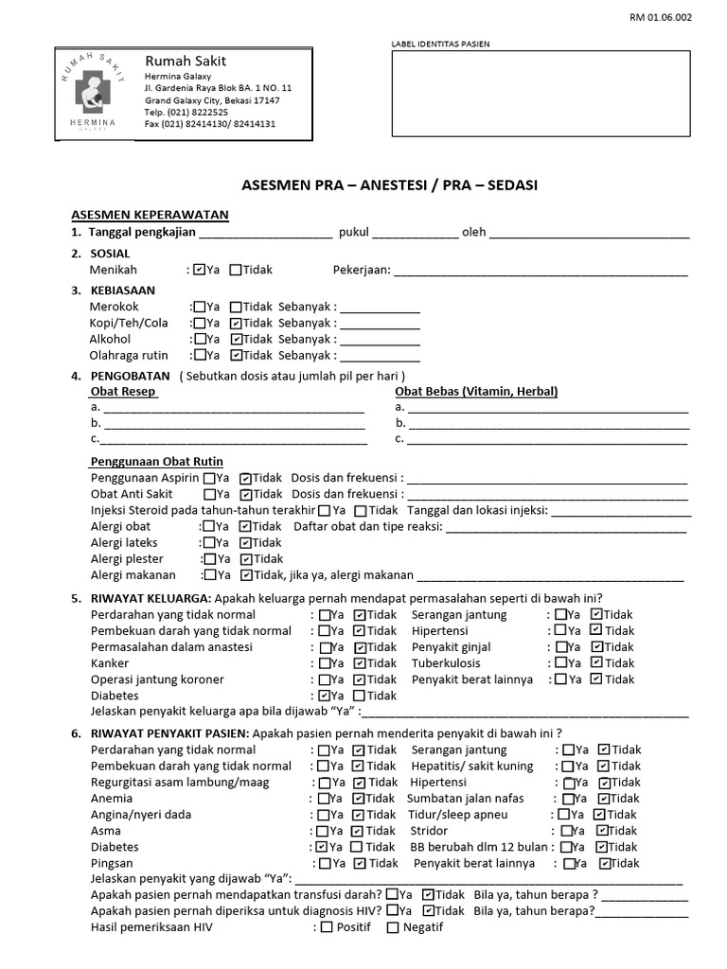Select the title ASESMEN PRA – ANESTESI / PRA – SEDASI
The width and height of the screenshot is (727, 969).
(384, 185)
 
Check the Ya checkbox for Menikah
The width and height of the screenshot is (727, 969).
(200, 270)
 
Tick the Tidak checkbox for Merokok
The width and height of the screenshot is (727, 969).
(236, 307)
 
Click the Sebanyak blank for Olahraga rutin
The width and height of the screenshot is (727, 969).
(380, 356)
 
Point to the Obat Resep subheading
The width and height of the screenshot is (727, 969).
(123, 392)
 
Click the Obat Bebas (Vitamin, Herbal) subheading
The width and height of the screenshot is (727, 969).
(476, 392)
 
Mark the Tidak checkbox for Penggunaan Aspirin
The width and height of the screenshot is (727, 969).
(245, 479)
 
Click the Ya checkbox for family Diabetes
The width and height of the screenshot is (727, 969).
(325, 696)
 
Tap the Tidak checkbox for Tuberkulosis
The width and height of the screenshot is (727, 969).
(596, 663)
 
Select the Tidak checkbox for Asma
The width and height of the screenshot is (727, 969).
(359, 832)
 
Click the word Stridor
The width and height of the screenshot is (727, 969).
(429, 831)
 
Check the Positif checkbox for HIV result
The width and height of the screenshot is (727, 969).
(327, 927)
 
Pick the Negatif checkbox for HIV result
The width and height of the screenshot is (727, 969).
(393, 927)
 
